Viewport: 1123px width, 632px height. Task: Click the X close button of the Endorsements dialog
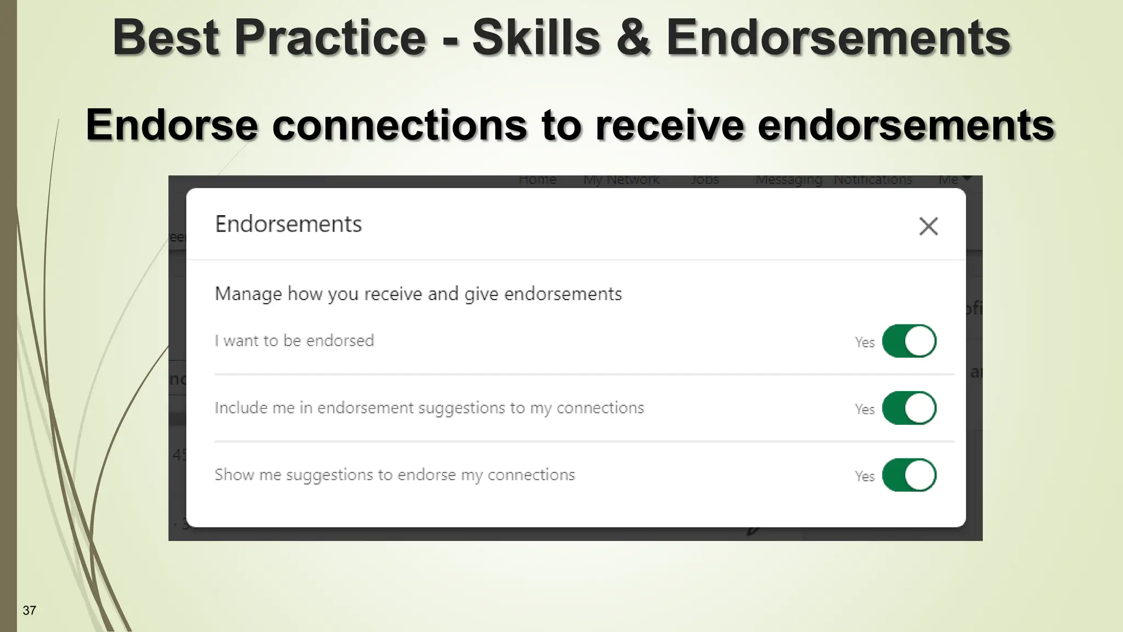(x=928, y=226)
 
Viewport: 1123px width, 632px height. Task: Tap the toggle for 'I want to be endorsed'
(x=909, y=341)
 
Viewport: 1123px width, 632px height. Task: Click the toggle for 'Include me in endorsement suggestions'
(x=909, y=408)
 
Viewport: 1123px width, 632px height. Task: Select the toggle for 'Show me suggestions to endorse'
(x=909, y=475)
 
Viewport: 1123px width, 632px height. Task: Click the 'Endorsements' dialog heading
(x=288, y=224)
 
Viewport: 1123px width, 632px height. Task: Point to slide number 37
(x=30, y=611)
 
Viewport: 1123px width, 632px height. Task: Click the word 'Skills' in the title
(x=536, y=37)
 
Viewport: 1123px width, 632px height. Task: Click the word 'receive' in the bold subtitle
(x=670, y=125)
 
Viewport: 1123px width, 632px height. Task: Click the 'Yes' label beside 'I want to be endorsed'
(x=864, y=342)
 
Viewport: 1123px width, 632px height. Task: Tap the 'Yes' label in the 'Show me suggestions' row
(x=864, y=476)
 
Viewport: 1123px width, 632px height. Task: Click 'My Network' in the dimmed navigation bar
(x=621, y=180)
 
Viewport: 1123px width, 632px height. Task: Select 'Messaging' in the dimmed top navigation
(x=789, y=180)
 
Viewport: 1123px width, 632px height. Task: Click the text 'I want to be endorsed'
(x=294, y=341)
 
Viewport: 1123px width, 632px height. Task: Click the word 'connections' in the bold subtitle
(x=399, y=125)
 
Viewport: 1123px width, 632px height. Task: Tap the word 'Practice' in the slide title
(x=331, y=37)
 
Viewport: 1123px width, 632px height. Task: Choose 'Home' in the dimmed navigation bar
(x=537, y=180)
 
